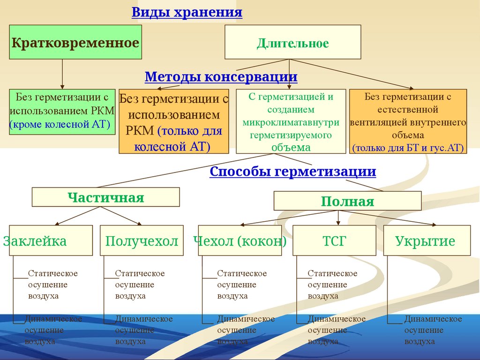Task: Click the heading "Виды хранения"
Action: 187,12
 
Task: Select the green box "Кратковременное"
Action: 75,43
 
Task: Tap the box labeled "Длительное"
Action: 292,44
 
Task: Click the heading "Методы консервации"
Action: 221,76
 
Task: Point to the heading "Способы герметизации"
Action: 292,172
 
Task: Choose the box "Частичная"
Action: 105,197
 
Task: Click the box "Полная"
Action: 347,202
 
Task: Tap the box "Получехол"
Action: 142,241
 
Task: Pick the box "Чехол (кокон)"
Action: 240,241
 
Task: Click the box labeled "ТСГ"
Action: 334,241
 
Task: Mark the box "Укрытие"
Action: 425,241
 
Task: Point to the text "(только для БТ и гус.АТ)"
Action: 408,148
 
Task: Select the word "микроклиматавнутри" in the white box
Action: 291,122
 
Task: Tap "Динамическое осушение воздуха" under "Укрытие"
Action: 433,330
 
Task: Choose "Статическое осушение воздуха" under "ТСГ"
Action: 332,285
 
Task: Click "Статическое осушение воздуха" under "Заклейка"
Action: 52,285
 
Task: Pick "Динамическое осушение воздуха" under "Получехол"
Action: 143,330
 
